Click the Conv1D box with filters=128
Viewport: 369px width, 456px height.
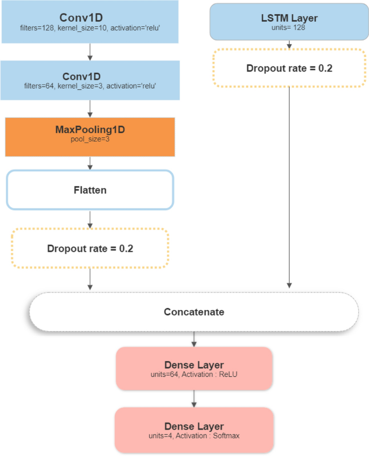pyautogui.click(x=90, y=22)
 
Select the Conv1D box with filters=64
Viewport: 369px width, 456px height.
pyautogui.click(x=90, y=80)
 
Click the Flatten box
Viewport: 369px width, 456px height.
pyautogui.click(x=90, y=190)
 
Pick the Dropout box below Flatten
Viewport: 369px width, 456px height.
pyautogui.click(x=90, y=249)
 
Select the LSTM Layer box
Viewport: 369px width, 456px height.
pyautogui.click(x=290, y=22)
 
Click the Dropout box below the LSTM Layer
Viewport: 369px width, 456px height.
pyautogui.click(x=290, y=68)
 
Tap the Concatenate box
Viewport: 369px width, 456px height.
pyautogui.click(x=194, y=312)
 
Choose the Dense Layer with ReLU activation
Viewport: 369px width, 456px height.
pyautogui.click(x=194, y=368)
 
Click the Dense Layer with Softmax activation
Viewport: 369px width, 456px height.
pyautogui.click(x=194, y=430)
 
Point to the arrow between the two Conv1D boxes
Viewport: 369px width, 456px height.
pyautogui.click(x=90, y=52)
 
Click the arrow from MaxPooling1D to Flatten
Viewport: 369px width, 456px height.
pyautogui.click(x=90, y=163)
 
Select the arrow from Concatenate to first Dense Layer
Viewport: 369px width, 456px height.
pyautogui.click(x=194, y=339)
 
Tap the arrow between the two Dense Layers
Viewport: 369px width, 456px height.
pyautogui.click(x=194, y=398)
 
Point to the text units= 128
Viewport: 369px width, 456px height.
pyautogui.click(x=290, y=27)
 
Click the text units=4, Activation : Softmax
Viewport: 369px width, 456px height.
pyautogui.click(x=194, y=436)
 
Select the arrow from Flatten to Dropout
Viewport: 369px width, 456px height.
pyautogui.click(x=90, y=219)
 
